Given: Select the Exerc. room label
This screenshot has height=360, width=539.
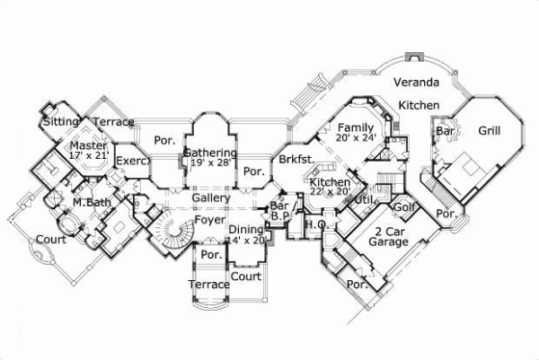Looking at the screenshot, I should [130, 162].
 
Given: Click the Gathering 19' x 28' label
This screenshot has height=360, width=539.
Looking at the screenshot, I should [209, 160].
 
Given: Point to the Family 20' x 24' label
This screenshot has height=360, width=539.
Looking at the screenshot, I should [356, 133].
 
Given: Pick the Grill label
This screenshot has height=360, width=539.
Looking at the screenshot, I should [489, 131].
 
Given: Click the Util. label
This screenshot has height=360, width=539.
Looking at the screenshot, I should [365, 199].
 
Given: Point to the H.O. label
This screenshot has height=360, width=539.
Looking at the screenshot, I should [314, 224].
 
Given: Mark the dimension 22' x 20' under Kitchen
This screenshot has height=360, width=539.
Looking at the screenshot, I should [331, 191].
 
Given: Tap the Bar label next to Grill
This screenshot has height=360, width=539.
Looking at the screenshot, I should [444, 131].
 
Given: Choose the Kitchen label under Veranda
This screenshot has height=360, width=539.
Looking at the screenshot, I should [419, 106].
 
